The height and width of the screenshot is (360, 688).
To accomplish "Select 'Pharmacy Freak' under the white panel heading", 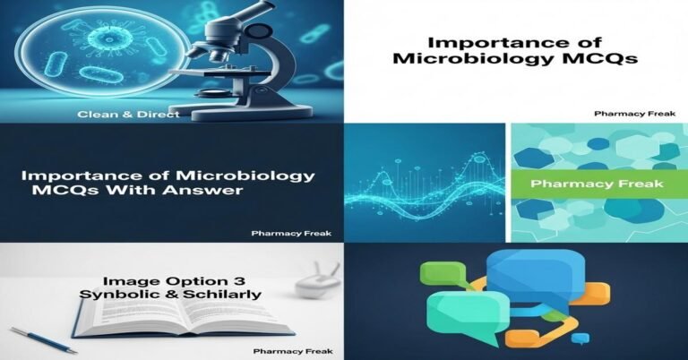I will pos(623,114).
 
